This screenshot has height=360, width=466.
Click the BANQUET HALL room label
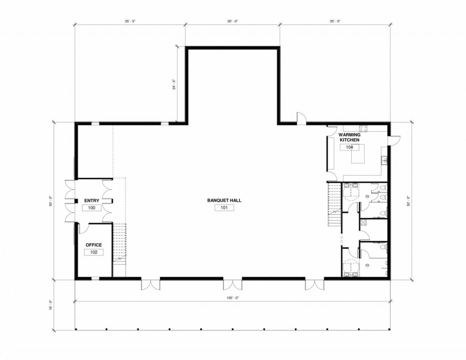coord(224,200)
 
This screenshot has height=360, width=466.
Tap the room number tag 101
coord(224,208)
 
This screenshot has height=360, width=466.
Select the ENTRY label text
coord(91,201)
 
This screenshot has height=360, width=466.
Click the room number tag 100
coord(91,208)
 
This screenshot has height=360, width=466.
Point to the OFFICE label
coord(94,245)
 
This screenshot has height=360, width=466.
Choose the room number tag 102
coord(94,253)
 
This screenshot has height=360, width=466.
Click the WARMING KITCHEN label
coord(349,137)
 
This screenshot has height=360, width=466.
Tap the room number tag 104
coord(349,147)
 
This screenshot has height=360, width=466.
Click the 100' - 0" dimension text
coord(233,298)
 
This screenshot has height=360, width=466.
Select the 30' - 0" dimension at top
coord(233,21)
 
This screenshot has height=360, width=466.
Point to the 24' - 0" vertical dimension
coord(174,84)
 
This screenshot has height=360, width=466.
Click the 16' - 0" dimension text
coord(51,305)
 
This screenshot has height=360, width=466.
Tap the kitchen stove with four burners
coord(363,129)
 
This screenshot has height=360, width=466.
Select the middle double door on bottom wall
coord(233,284)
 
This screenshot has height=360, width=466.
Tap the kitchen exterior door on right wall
coord(395,141)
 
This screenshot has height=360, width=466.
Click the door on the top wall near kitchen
coord(302,117)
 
